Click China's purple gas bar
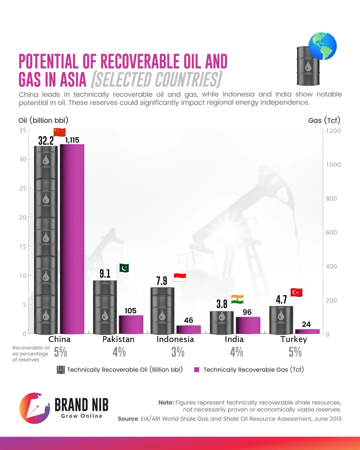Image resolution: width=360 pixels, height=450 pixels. point(72,239)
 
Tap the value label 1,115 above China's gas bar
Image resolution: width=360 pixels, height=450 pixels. point(72,140)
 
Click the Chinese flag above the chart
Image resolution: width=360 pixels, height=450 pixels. point(60,132)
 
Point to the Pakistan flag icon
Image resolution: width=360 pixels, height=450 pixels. point(123,268)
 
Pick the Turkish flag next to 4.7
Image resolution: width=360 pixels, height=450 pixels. point(296,292)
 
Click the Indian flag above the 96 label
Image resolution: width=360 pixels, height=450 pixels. point(237,299)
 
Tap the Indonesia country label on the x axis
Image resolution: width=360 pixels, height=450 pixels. point(175,339)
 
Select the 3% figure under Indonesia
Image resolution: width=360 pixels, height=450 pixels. point(178,352)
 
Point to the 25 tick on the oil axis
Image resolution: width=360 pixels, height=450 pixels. point(23,188)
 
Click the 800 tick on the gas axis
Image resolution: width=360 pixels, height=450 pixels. point(331,199)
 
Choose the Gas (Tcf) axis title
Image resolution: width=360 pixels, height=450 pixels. point(324,120)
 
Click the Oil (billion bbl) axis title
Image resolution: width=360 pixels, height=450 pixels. point(43,120)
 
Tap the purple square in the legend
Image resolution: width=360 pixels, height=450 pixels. point(197,370)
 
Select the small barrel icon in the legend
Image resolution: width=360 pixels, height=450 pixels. point(60,370)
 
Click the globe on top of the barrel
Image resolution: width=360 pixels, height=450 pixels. point(322,46)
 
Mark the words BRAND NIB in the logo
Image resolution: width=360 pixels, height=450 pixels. point(81,405)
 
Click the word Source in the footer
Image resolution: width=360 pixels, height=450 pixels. point(128,419)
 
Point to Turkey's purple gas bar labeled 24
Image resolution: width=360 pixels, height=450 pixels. point(307,331)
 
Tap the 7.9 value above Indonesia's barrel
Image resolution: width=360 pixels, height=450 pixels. point(162,281)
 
